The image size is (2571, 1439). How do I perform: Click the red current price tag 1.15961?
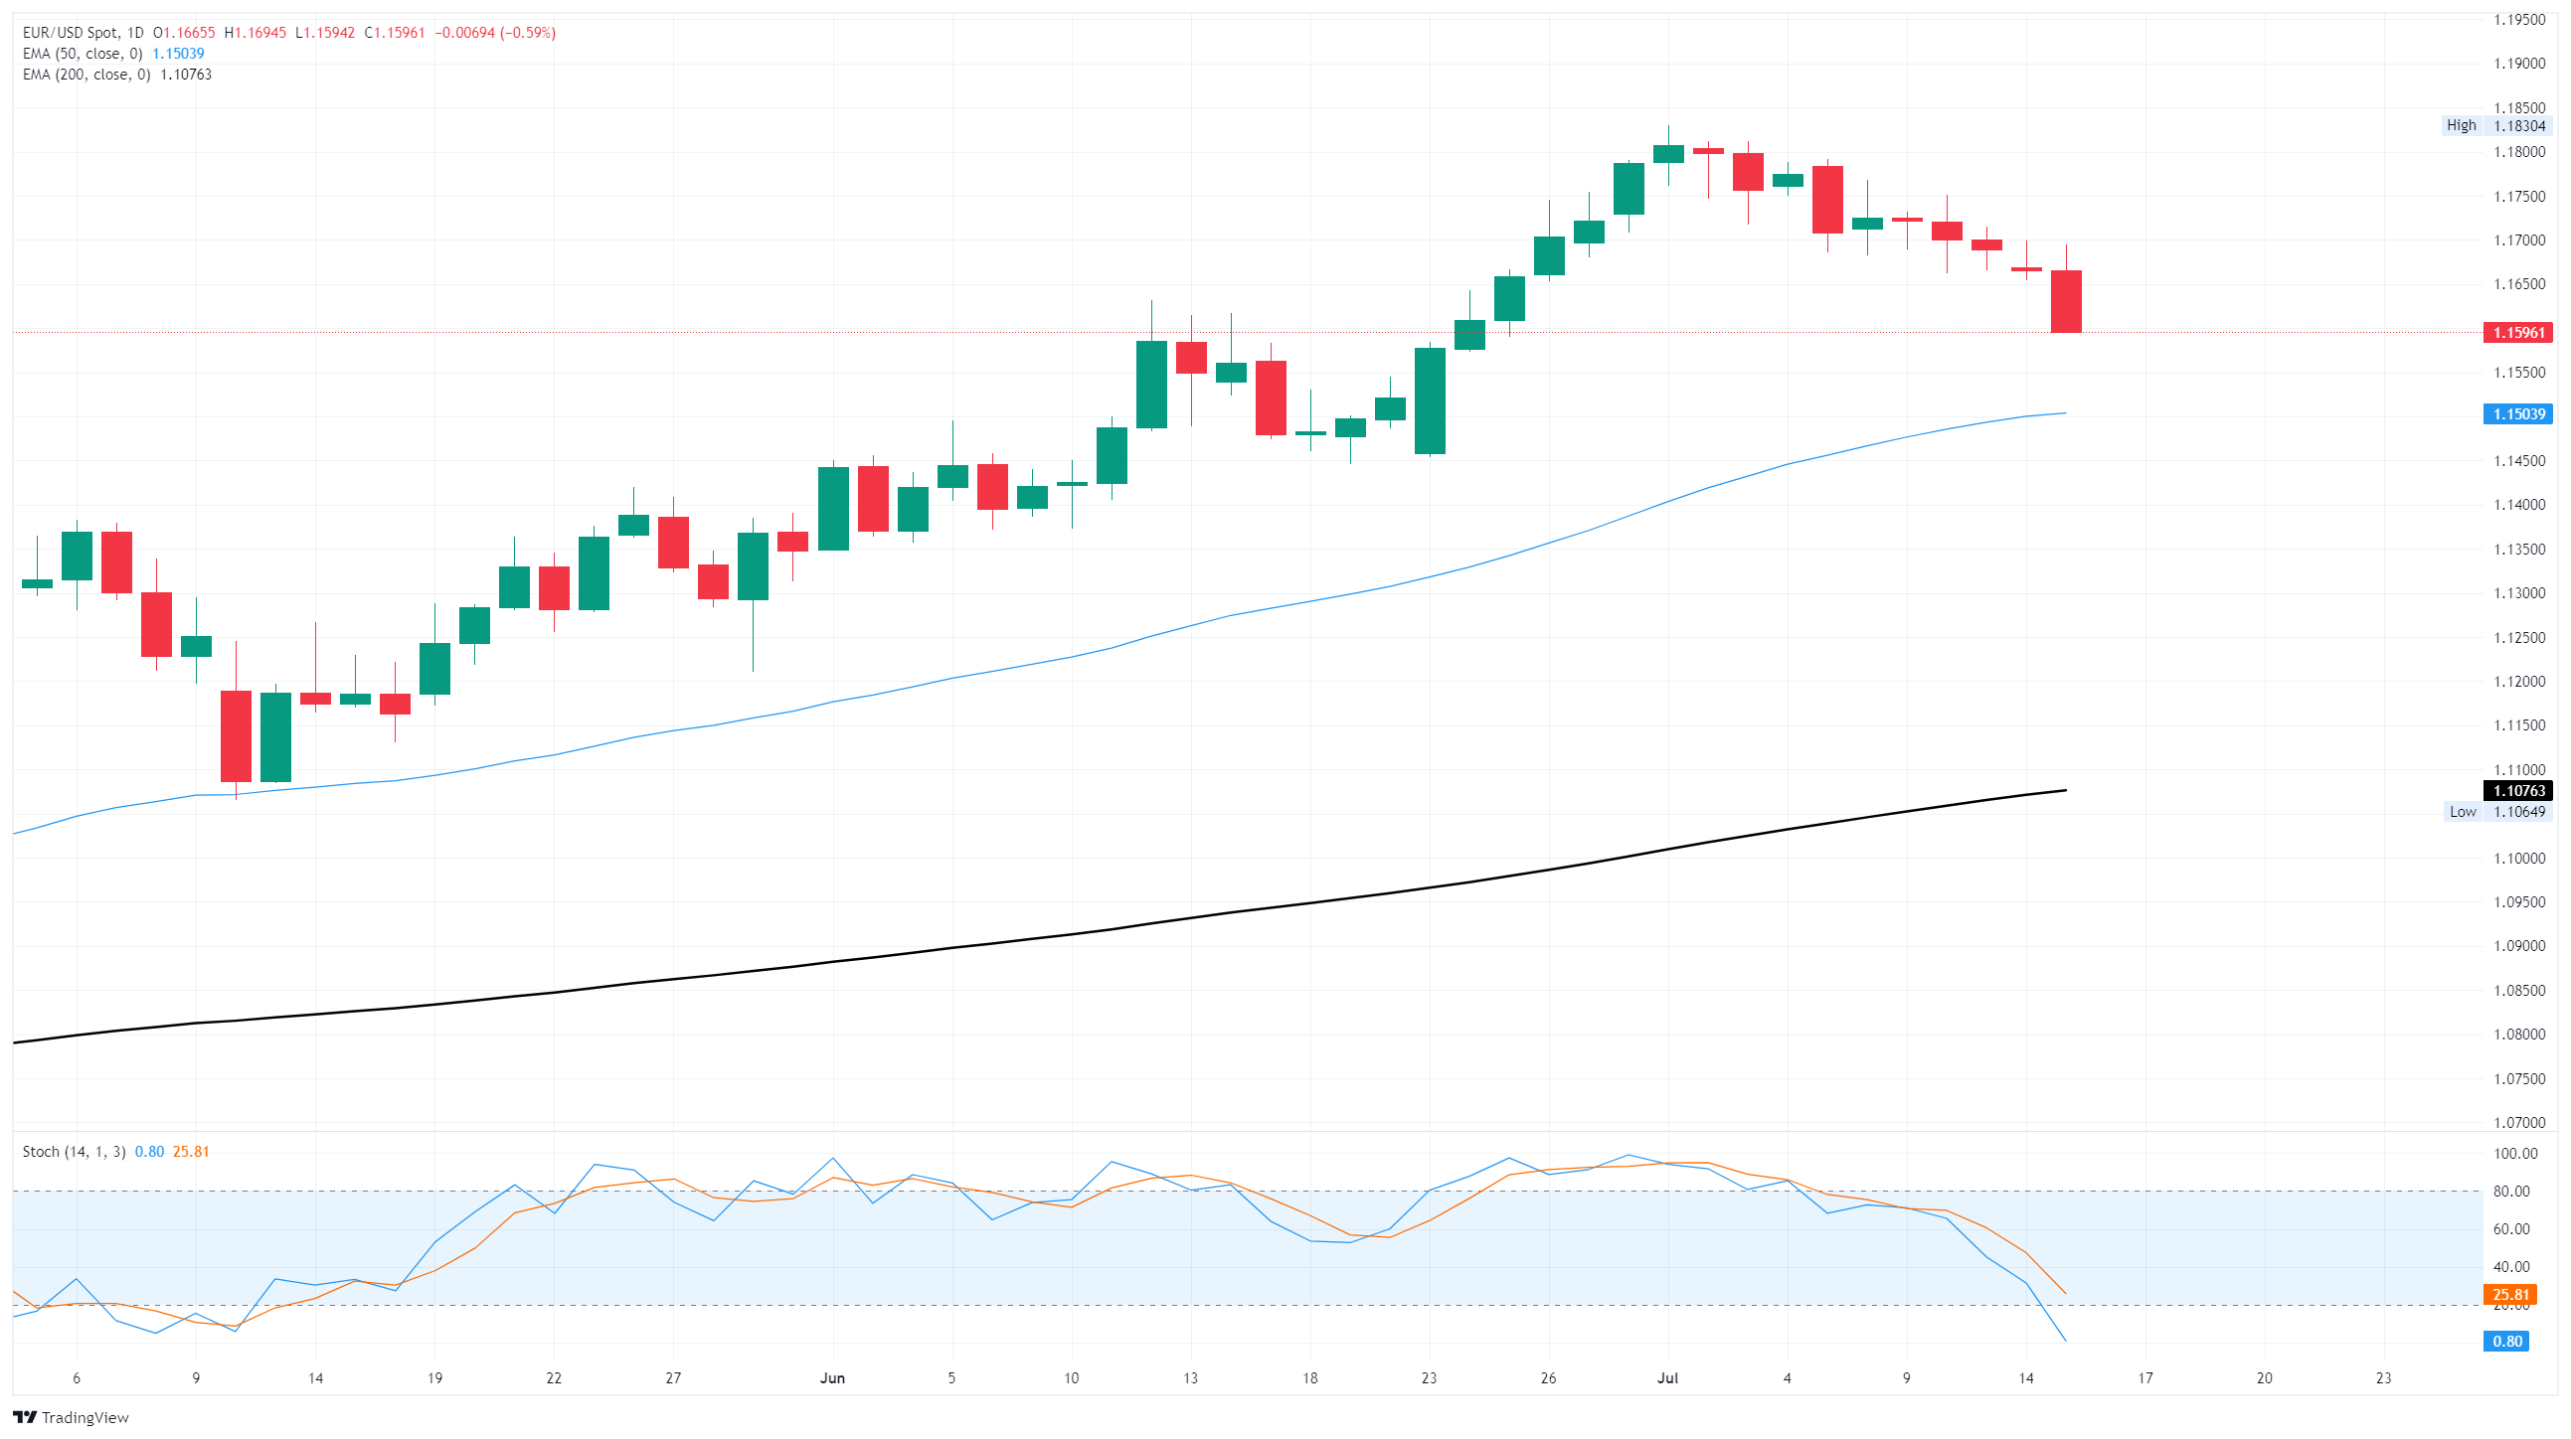(x=2518, y=332)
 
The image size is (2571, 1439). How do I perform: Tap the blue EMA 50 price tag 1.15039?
(x=2518, y=414)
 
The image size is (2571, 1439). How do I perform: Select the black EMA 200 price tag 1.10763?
(x=2518, y=790)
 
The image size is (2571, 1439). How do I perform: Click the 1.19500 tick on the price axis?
(x=2519, y=20)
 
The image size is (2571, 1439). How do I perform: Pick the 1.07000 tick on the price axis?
(x=2519, y=1123)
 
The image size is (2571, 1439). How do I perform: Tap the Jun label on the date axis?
(x=832, y=1378)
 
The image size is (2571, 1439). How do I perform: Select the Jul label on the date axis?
(x=1667, y=1378)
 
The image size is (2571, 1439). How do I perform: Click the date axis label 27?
(x=674, y=1378)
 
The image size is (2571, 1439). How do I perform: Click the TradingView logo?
(x=71, y=1417)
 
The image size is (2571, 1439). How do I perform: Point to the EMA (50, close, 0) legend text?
(x=83, y=54)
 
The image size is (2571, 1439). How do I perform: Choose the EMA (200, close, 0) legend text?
(x=86, y=75)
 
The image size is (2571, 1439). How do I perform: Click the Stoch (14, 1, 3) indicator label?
(x=74, y=1152)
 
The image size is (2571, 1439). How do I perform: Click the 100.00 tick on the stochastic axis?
(x=2515, y=1154)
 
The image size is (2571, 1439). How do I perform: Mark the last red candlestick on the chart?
(x=2066, y=301)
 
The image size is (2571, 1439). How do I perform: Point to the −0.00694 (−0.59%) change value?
(x=495, y=33)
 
